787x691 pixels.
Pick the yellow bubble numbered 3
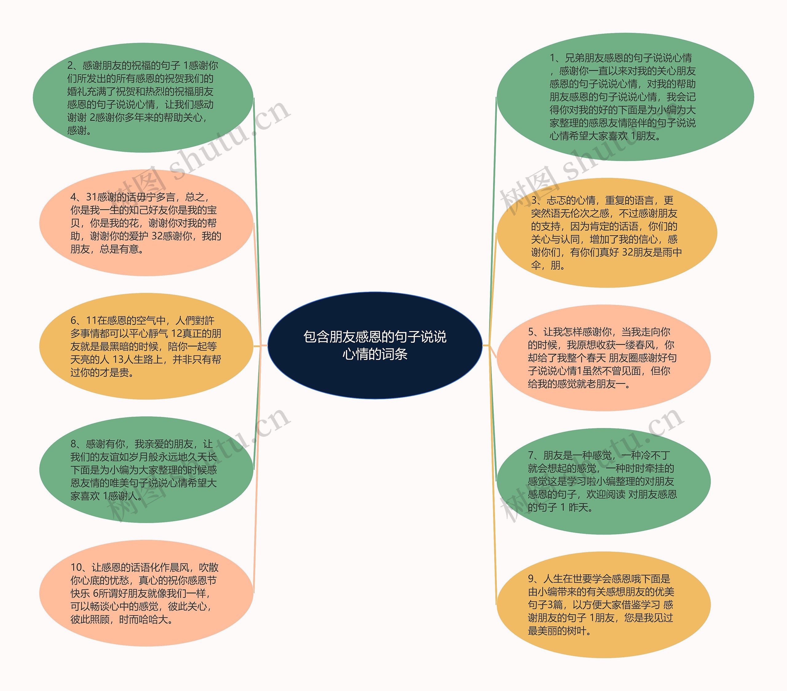tap(607, 233)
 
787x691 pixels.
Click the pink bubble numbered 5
tap(603, 358)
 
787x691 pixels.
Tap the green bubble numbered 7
tap(603, 481)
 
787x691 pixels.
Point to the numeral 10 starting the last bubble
tap(76, 568)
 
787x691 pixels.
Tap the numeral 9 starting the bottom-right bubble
tap(531, 579)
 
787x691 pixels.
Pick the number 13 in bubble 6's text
tap(118, 360)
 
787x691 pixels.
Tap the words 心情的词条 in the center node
tap(375, 354)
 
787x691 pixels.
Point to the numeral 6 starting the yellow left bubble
tap(73, 321)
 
